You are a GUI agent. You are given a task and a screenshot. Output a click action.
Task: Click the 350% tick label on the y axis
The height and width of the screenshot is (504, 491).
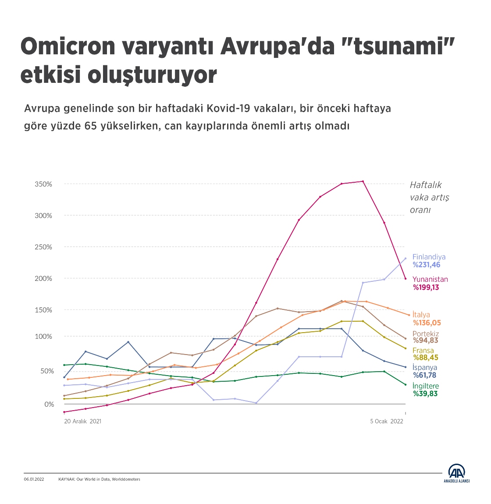point(43,184)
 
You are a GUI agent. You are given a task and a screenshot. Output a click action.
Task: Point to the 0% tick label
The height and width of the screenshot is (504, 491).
point(49,404)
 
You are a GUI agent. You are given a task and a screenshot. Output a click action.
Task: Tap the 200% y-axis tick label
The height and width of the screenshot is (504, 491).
point(43,278)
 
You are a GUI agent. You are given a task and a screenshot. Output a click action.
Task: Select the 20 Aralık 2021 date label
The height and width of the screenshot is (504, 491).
point(82,421)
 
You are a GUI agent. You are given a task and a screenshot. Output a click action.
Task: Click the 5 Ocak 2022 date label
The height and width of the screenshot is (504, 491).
point(386,421)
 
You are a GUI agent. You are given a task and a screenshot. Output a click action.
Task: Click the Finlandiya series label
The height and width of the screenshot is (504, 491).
point(429,257)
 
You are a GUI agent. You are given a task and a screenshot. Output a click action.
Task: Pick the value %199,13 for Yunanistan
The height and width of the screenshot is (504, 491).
point(426,287)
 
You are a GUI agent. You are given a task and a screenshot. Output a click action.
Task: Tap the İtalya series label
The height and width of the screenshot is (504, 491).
point(421,315)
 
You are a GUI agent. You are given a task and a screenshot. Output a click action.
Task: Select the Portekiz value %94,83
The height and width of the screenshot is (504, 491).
point(425,341)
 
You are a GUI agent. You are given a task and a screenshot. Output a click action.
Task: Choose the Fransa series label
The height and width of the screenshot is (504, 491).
point(423,351)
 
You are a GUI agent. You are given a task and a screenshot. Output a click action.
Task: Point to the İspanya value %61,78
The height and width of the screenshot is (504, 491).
point(424,375)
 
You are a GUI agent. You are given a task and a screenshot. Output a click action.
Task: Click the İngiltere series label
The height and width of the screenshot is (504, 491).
point(425,386)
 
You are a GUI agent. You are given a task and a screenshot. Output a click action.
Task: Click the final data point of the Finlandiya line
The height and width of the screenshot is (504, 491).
point(405,258)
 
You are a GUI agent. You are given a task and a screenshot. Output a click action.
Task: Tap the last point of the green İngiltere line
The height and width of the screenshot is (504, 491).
point(405,385)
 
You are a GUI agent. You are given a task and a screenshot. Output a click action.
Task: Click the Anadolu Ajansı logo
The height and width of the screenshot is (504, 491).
point(456,473)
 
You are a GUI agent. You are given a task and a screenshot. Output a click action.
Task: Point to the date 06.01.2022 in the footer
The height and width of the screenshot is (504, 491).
point(34,479)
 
